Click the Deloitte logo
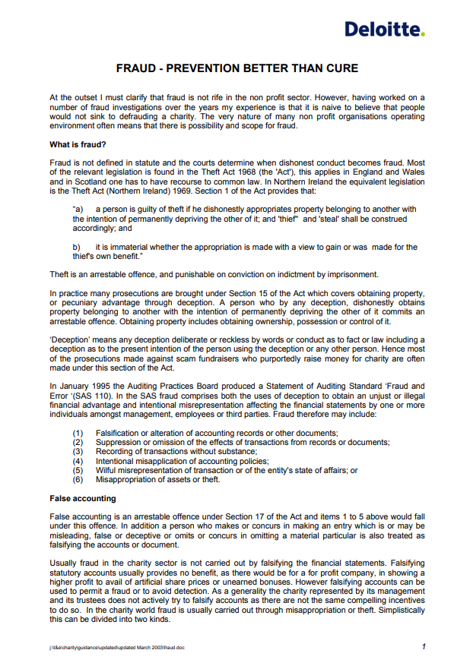click(x=384, y=30)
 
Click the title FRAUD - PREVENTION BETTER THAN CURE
click(x=237, y=68)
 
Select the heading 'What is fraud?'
click(x=78, y=144)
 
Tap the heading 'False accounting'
click(x=83, y=498)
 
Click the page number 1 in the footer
click(x=423, y=646)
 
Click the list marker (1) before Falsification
click(x=78, y=433)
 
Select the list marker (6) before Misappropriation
click(x=78, y=480)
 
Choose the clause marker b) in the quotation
click(x=77, y=248)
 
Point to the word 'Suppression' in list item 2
click(x=117, y=442)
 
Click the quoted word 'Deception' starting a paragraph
click(x=71, y=339)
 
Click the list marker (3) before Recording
click(x=78, y=452)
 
